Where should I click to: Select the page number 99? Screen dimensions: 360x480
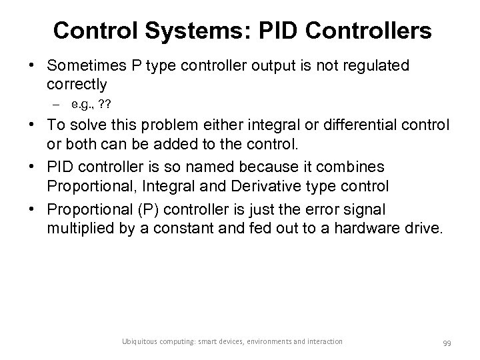pyautogui.click(x=447, y=343)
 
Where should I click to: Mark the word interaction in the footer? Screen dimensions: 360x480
pyautogui.click(x=325, y=342)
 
